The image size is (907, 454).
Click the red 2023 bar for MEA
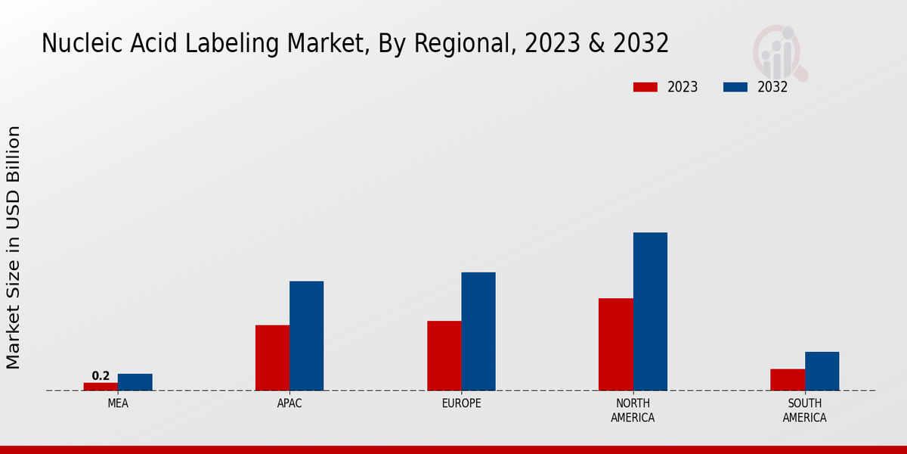[101, 387]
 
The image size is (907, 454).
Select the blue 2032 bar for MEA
[135, 382]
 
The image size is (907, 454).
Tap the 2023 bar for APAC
[272, 358]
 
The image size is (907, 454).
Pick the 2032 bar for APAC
[306, 336]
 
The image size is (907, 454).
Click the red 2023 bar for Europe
[444, 356]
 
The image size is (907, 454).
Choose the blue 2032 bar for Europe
[478, 331]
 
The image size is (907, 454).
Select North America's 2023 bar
[615, 344]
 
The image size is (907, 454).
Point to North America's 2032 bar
[650, 312]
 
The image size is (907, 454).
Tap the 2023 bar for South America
[788, 380]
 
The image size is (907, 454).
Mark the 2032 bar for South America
[822, 372]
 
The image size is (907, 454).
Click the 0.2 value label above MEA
[101, 376]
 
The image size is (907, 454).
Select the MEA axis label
[118, 403]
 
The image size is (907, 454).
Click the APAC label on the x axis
[289, 403]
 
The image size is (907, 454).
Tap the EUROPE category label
[461, 403]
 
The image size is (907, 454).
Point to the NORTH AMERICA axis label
[633, 410]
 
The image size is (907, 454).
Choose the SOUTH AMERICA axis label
[804, 410]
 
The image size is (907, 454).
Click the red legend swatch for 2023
[645, 87]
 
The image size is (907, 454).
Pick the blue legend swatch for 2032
[735, 87]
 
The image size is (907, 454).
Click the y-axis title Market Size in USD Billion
[14, 247]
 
